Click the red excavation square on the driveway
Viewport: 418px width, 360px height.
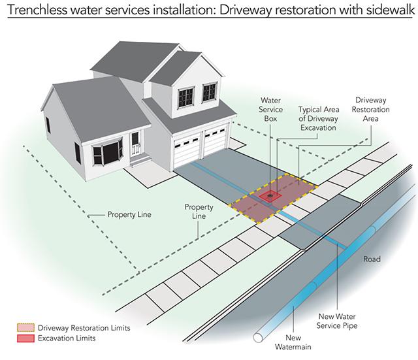coord(270,197)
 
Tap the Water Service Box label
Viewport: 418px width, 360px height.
coord(270,110)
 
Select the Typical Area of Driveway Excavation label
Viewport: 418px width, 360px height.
coord(319,119)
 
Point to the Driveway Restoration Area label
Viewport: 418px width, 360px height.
coord(370,109)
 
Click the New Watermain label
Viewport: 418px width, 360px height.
coord(293,342)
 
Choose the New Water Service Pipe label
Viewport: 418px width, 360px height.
coord(337,321)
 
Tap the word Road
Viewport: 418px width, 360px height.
coord(372,259)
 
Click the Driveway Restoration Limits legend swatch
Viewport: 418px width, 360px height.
coord(26,327)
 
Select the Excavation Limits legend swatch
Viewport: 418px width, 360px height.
coord(26,338)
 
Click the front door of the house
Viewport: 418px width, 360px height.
coord(135,143)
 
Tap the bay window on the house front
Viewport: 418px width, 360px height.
coord(108,153)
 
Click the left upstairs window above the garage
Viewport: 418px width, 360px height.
coord(185,97)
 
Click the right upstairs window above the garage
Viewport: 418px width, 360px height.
coord(210,92)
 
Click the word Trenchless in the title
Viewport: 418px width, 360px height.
coord(38,10)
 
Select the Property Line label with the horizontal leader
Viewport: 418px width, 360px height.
coord(129,215)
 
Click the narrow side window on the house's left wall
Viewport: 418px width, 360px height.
coord(48,125)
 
